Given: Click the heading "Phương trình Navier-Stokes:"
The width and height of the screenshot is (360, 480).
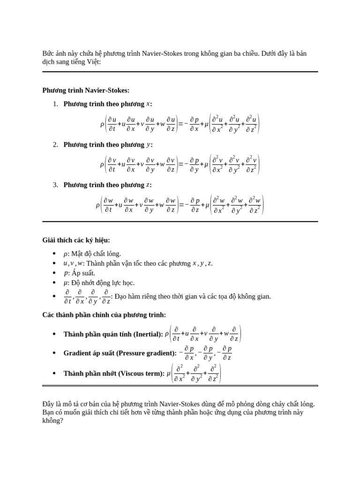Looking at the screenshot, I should [x=86, y=90].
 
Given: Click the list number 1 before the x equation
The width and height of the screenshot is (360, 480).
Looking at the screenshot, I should [x=55, y=104].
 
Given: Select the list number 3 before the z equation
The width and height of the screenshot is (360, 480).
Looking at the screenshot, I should [x=55, y=185].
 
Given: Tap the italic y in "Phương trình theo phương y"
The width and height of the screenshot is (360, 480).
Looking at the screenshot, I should [x=149, y=144].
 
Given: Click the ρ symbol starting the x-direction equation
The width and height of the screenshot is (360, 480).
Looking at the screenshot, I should [x=102, y=124].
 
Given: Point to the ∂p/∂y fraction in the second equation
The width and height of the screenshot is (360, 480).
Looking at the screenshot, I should [x=194, y=165].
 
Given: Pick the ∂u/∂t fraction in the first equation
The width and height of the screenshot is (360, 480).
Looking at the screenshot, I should [x=112, y=124].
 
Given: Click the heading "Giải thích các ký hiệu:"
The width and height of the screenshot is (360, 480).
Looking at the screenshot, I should [x=76, y=240].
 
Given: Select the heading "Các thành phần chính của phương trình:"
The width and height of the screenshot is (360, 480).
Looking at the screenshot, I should [x=104, y=315].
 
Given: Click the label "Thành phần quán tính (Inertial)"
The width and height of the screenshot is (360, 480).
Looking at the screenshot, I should [x=112, y=334].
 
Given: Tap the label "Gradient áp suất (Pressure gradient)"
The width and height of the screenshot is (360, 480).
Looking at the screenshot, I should [x=120, y=353].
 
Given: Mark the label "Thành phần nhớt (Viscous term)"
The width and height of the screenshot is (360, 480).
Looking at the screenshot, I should [x=114, y=373].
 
